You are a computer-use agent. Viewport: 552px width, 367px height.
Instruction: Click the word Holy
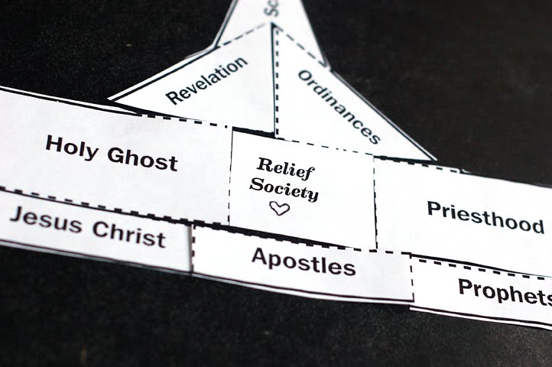pyautogui.click(x=72, y=146)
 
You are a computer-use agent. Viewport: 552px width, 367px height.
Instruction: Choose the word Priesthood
pyautogui.click(x=485, y=216)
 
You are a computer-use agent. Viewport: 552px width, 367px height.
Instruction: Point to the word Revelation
pyautogui.click(x=207, y=80)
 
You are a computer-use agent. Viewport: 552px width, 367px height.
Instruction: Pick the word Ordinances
pyautogui.click(x=338, y=106)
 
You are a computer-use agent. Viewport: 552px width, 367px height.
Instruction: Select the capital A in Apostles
pyautogui.click(x=259, y=256)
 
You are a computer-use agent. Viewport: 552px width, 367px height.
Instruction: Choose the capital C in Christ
pyautogui.click(x=99, y=229)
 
